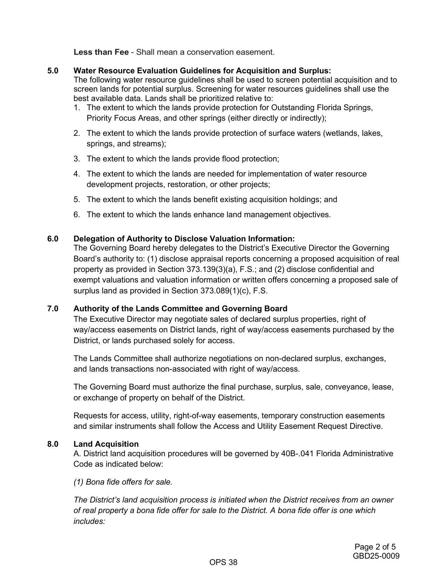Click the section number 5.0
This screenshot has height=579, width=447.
tap(53, 71)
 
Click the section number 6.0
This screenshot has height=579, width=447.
tap(53, 239)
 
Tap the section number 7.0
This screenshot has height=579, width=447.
tap(53, 309)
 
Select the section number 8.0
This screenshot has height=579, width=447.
tap(53, 444)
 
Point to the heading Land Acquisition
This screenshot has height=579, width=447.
tap(106, 444)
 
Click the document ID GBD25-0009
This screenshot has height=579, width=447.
tap(376, 556)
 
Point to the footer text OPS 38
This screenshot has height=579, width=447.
tap(223, 563)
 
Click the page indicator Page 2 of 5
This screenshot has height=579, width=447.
tap(375, 547)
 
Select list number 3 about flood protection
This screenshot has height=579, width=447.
tap(77, 159)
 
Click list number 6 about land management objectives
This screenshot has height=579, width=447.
tap(77, 215)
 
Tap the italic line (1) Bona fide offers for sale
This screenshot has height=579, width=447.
tap(123, 482)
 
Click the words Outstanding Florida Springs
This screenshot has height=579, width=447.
tap(321, 108)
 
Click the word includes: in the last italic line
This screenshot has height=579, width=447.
tap(89, 521)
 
